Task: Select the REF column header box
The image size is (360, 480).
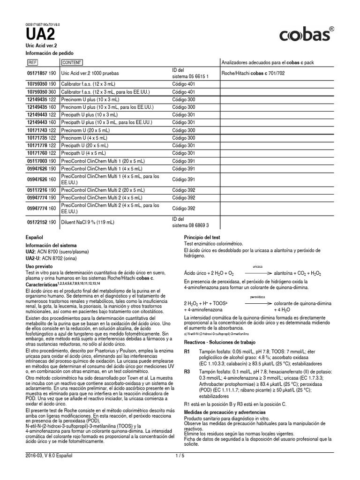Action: coord(33,62)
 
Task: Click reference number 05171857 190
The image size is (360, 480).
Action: coord(41,73)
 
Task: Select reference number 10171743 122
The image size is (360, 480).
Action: coord(41,130)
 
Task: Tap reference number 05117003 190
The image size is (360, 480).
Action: coord(41,160)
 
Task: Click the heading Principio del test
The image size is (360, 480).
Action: coord(202,237)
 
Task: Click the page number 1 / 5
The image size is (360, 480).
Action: coord(180,455)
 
